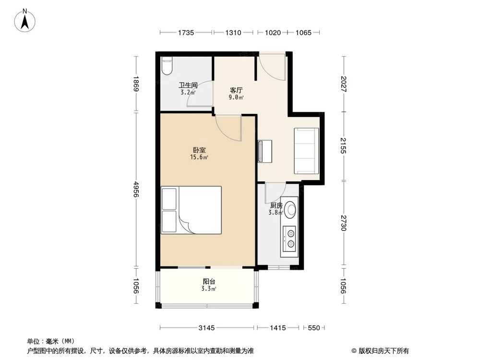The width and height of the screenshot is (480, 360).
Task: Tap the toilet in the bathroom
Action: point(166,66)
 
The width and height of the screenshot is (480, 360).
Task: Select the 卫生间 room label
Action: point(188,85)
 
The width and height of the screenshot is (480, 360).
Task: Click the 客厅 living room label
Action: point(236,90)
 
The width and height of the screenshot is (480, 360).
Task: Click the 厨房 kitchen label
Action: point(276,205)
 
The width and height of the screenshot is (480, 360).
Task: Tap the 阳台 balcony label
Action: point(209,282)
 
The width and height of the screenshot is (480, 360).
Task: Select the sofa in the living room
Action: point(306,151)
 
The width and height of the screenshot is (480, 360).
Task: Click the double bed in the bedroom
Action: point(192,210)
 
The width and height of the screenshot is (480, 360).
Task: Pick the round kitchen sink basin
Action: point(290,208)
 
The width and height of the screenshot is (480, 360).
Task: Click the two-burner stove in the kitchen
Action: point(290,239)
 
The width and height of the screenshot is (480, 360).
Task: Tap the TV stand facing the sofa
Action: point(264,151)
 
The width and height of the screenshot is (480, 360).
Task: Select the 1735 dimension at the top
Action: point(185,33)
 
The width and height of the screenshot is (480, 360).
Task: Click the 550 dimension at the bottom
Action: point(313,328)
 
